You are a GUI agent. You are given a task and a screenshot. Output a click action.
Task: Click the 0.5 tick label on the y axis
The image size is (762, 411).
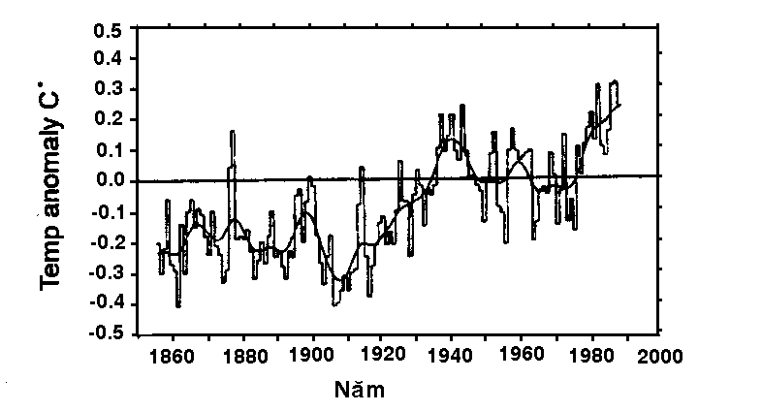click(x=108, y=28)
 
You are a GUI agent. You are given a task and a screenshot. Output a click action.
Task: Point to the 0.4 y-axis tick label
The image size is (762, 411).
click(x=108, y=58)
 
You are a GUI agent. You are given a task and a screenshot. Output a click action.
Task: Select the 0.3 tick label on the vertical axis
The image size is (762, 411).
click(x=108, y=89)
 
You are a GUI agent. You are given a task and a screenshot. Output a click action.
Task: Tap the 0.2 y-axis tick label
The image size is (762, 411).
click(x=108, y=119)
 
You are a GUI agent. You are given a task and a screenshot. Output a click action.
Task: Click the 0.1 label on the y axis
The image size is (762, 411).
click(x=108, y=150)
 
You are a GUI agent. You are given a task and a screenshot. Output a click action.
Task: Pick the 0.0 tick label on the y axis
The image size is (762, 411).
click(x=108, y=180)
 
